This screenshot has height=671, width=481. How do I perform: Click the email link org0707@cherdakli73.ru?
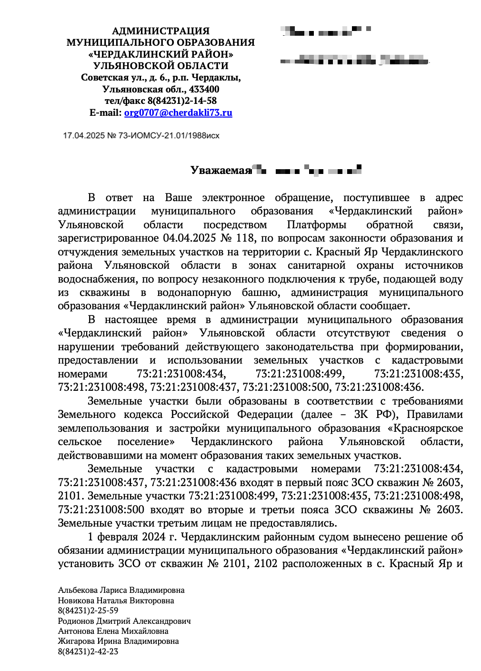pos(178,113)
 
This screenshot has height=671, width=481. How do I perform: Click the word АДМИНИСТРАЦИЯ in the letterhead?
pos(160,31)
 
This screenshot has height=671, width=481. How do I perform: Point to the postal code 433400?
pos(204,89)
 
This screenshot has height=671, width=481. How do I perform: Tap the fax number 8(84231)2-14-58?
pos(182,101)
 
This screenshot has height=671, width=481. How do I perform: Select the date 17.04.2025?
pos(84,136)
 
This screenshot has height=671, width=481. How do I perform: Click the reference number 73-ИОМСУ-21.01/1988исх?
pos(169,136)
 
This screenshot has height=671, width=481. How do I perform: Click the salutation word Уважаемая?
pos(220,170)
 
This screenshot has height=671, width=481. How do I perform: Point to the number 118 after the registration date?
pos(245,238)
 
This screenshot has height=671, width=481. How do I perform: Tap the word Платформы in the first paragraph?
pos(316,225)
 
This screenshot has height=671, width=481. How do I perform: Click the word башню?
pos(261,293)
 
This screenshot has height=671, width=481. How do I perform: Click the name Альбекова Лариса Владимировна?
pos(121,590)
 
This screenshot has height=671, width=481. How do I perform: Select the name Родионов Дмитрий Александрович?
pos(124,621)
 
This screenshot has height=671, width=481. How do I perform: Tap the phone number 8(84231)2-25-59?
pos(88,611)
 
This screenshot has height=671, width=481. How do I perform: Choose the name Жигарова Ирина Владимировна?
pos(118,641)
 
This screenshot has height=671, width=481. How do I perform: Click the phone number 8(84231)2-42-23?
pos(88,652)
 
